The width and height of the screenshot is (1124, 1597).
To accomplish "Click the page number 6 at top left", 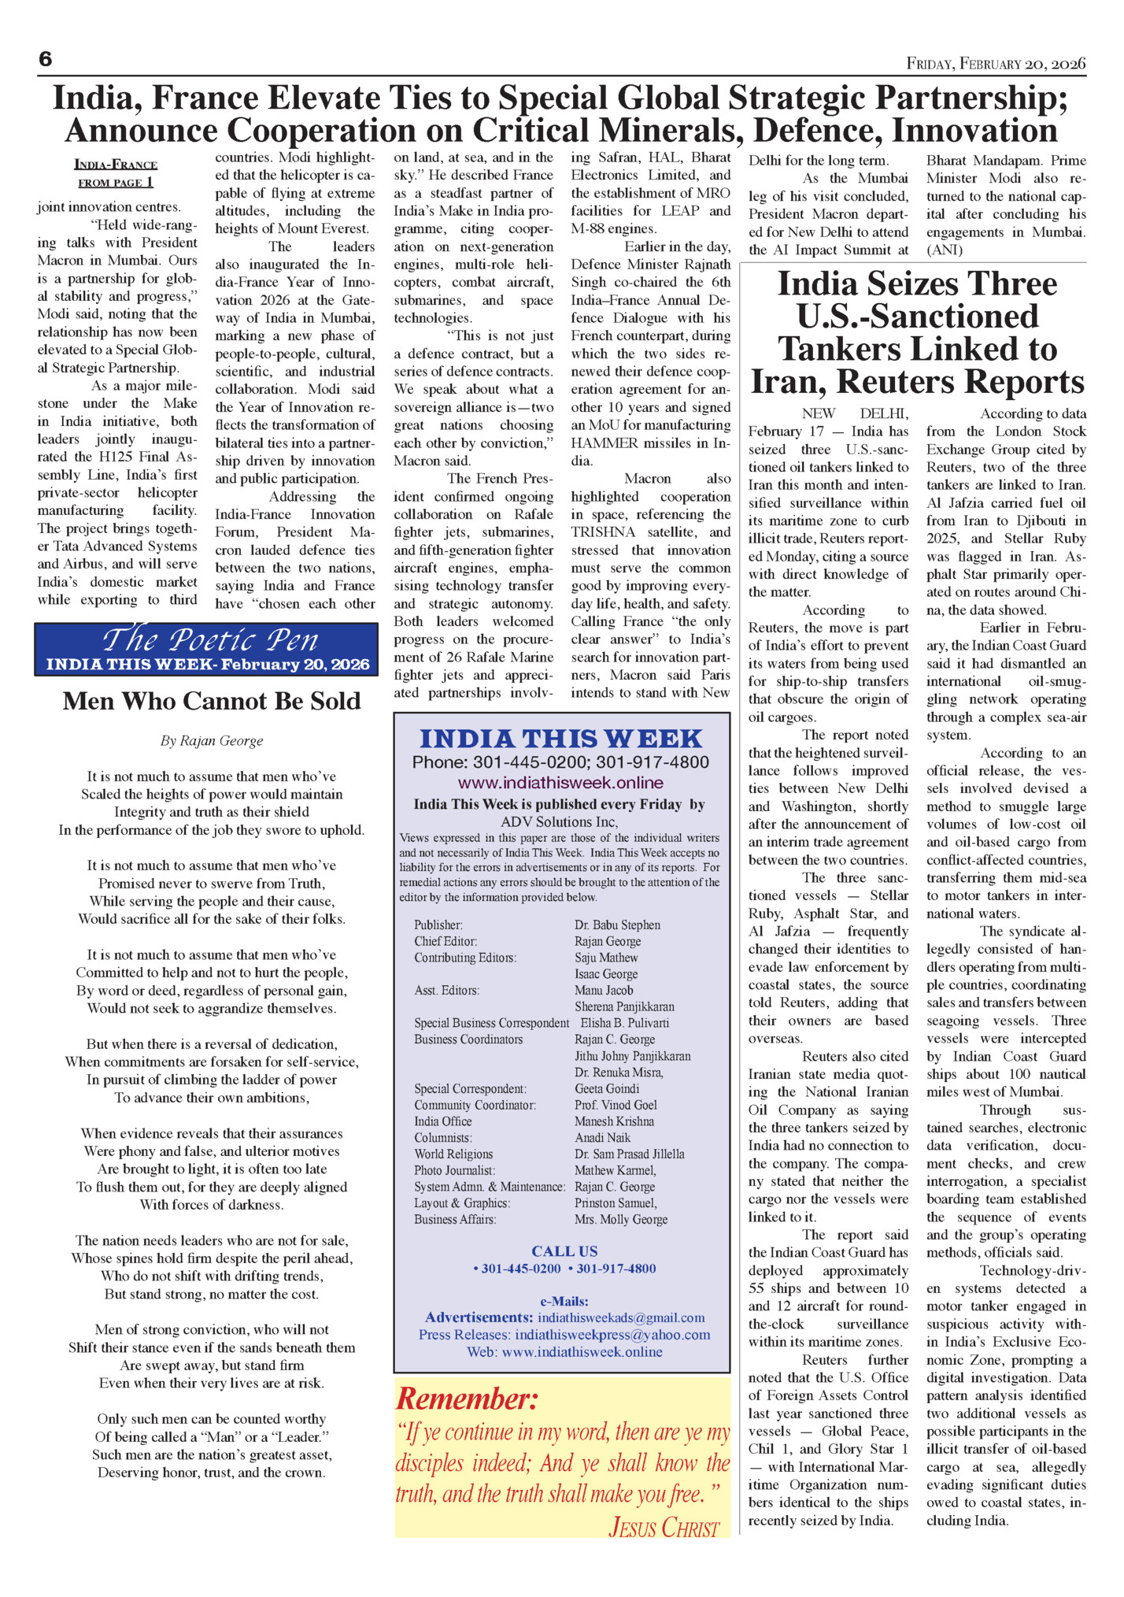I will point(46,59).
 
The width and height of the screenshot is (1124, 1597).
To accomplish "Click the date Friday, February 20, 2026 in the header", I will point(996,64).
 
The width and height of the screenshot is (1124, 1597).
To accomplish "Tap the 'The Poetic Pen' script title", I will point(210,639).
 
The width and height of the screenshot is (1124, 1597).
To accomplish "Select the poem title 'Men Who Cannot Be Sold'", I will point(212,701).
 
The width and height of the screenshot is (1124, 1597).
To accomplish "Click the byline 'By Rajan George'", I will point(212,740).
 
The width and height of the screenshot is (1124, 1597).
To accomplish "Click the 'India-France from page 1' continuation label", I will point(116,173).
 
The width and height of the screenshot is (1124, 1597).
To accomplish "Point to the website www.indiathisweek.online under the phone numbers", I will point(560,783).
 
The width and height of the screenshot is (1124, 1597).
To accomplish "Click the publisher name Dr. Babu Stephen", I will point(617,924).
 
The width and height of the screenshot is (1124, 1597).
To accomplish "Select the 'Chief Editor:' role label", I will point(446,941).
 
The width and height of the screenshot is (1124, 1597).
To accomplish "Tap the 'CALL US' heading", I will point(564,1251).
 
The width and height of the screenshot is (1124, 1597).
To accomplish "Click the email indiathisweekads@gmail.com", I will point(621,1317).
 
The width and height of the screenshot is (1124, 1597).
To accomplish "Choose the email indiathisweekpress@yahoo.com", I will point(612,1335).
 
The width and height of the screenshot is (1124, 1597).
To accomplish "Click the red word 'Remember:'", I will point(467,1399).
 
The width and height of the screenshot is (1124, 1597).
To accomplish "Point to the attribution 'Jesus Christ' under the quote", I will point(664,1528).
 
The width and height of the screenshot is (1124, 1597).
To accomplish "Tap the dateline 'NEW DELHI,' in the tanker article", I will point(855,413).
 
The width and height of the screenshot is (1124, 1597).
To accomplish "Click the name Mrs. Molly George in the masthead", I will point(620,1219).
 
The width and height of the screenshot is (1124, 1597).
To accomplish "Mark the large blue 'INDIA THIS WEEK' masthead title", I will point(560,739).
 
